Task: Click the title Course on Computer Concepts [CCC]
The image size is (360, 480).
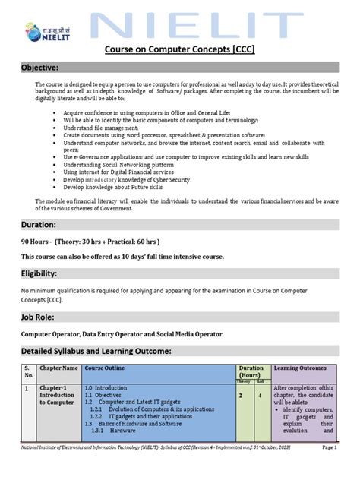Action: point(179,50)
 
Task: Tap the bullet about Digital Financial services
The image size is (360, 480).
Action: point(116,172)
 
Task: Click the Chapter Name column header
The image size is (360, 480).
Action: point(59,368)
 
